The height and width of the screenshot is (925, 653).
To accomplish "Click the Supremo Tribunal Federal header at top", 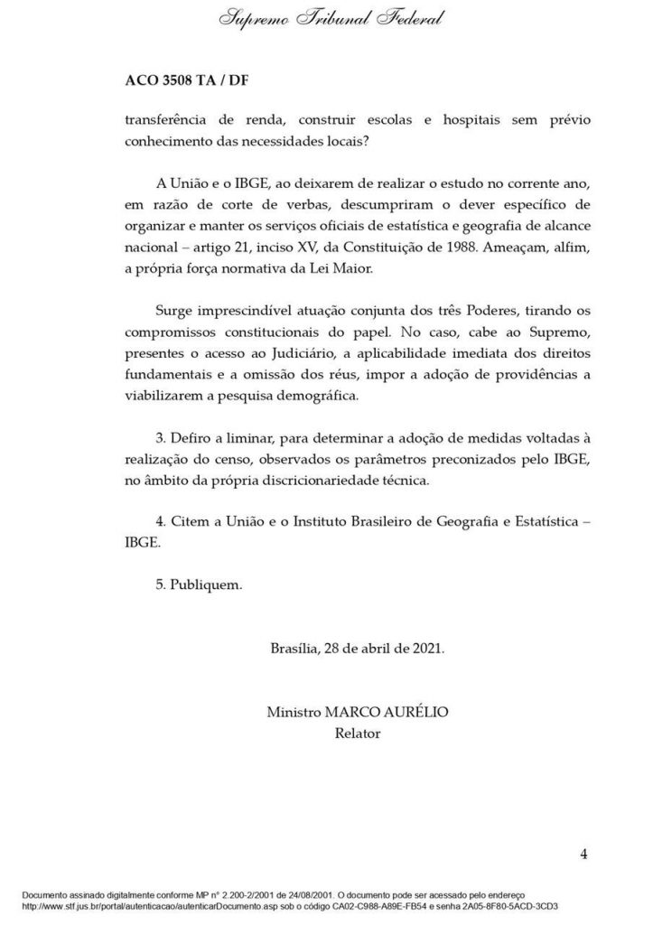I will (331, 19).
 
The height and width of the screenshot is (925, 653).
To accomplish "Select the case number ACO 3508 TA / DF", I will (187, 80).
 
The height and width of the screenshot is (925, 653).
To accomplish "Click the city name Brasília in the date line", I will (296, 649).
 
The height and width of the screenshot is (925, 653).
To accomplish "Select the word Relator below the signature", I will (357, 733).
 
